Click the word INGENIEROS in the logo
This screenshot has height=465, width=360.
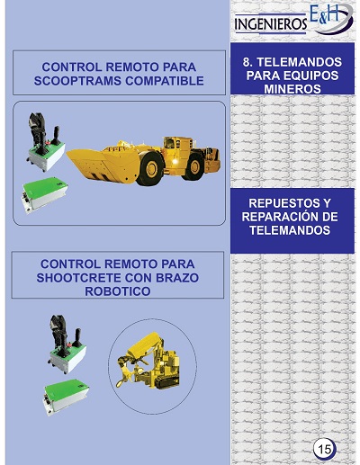tap(271, 24)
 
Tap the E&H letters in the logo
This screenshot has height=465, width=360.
tap(324, 14)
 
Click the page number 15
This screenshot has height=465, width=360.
tap(325, 449)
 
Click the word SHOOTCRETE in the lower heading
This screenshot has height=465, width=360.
tap(78, 278)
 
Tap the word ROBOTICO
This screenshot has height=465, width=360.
tap(118, 291)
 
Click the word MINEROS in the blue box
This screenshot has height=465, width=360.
tap(292, 89)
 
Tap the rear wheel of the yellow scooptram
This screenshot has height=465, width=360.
tap(193, 166)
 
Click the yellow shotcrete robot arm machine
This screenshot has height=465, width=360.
tap(148, 362)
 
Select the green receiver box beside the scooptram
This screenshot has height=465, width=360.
tap(44, 195)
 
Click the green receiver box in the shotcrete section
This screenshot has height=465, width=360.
tap(66, 397)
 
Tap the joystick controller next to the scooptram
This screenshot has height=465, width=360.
tap(46, 142)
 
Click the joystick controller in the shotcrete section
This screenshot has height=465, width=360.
tap(67, 344)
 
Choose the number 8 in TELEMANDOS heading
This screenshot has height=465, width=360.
tap(247, 62)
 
